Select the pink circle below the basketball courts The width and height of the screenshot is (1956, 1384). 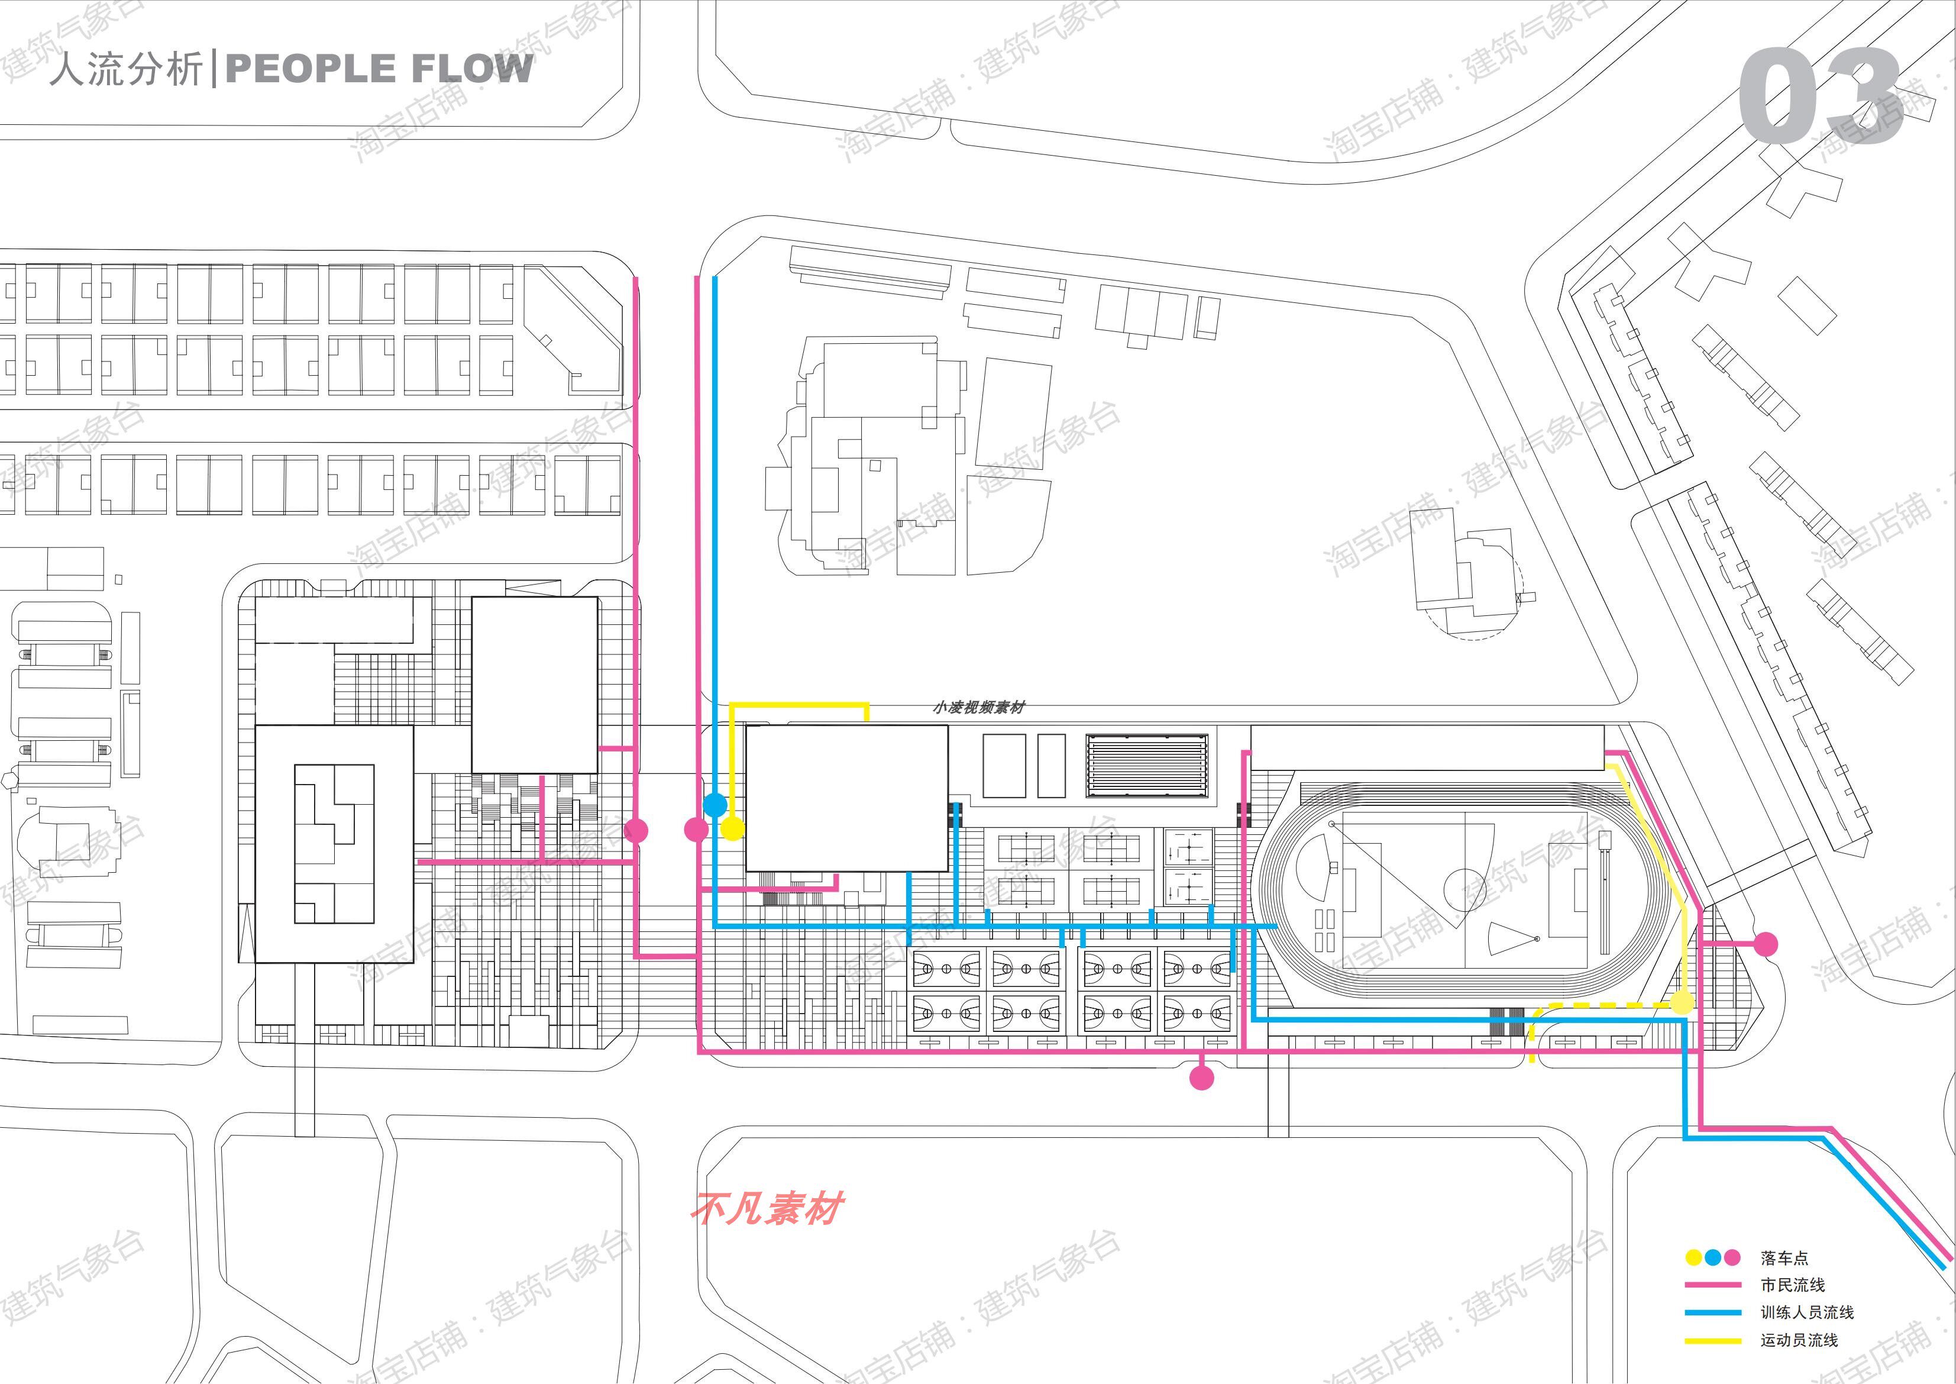(x=1201, y=1078)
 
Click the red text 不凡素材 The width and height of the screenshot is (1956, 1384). (x=767, y=1208)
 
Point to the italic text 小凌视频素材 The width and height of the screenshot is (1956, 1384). (x=978, y=707)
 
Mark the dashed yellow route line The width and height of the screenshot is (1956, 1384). (x=1602, y=1006)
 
